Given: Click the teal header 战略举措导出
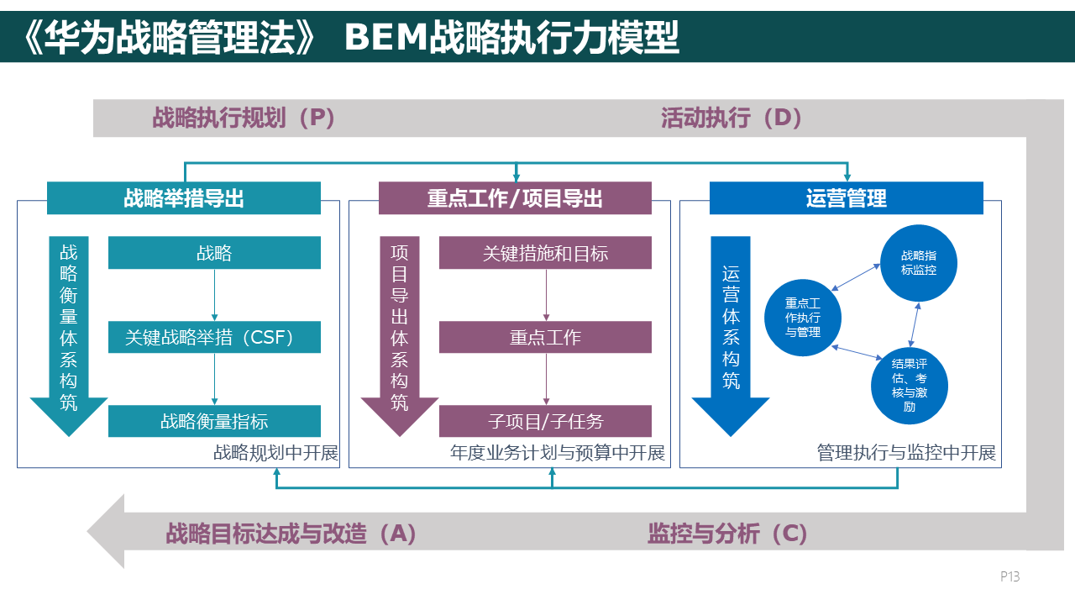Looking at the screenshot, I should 184,198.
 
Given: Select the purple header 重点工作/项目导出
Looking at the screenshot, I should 515,198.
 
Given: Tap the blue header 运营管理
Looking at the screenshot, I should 846,198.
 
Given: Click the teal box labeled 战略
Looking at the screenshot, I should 214,253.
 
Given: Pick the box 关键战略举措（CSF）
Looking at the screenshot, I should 214,338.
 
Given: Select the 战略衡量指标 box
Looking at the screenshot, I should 214,421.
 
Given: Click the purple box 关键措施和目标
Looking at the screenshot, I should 545,253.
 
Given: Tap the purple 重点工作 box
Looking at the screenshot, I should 545,338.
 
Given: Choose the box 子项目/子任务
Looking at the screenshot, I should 545,421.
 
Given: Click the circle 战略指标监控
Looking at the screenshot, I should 918,263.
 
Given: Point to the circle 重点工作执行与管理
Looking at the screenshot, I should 803,318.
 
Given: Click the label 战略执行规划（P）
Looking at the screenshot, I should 244,118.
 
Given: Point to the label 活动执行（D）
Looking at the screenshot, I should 732,118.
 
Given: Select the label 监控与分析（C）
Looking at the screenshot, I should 727,534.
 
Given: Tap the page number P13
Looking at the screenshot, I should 1009,576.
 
